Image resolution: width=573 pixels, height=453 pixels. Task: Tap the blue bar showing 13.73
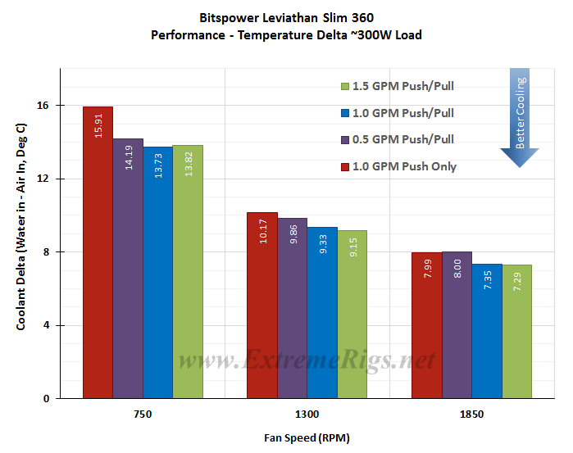tap(158, 272)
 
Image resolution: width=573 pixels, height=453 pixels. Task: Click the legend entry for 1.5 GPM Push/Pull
tap(398, 86)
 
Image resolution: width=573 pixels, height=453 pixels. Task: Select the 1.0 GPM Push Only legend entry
tap(398, 166)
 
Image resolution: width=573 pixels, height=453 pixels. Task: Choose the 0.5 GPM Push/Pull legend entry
tap(398, 139)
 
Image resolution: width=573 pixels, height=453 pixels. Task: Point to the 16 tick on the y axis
tap(43, 106)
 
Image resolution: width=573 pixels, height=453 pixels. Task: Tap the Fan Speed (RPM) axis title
tap(307, 437)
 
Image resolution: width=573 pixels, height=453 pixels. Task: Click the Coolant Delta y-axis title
tap(21, 227)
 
